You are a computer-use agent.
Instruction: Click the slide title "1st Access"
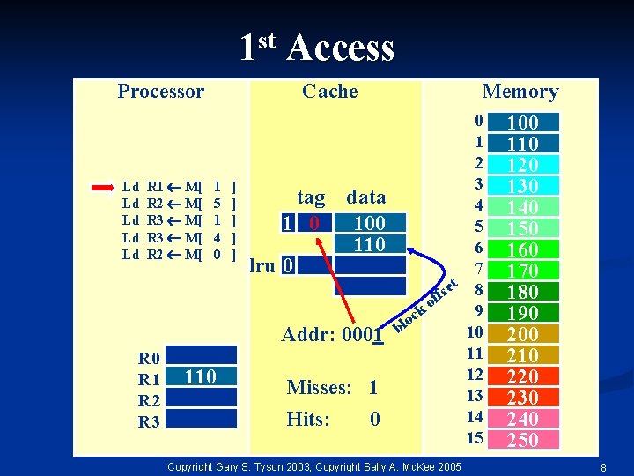[x=317, y=48]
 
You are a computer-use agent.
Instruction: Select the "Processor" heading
[x=160, y=92]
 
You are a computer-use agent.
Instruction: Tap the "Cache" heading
[x=329, y=92]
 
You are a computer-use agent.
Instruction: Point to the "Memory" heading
[x=520, y=92]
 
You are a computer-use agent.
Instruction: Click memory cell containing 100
[x=523, y=123]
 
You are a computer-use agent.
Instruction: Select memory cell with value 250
[x=523, y=440]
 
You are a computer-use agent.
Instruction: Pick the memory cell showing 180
[x=523, y=292]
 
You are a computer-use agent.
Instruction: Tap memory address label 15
[x=475, y=437]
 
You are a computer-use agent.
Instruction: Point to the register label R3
[x=149, y=422]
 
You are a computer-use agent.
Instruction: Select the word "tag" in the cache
[x=311, y=197]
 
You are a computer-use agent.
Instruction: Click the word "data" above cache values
[x=365, y=197]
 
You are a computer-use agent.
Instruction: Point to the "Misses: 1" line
[x=332, y=388]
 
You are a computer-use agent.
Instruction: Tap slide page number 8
[x=602, y=465]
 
